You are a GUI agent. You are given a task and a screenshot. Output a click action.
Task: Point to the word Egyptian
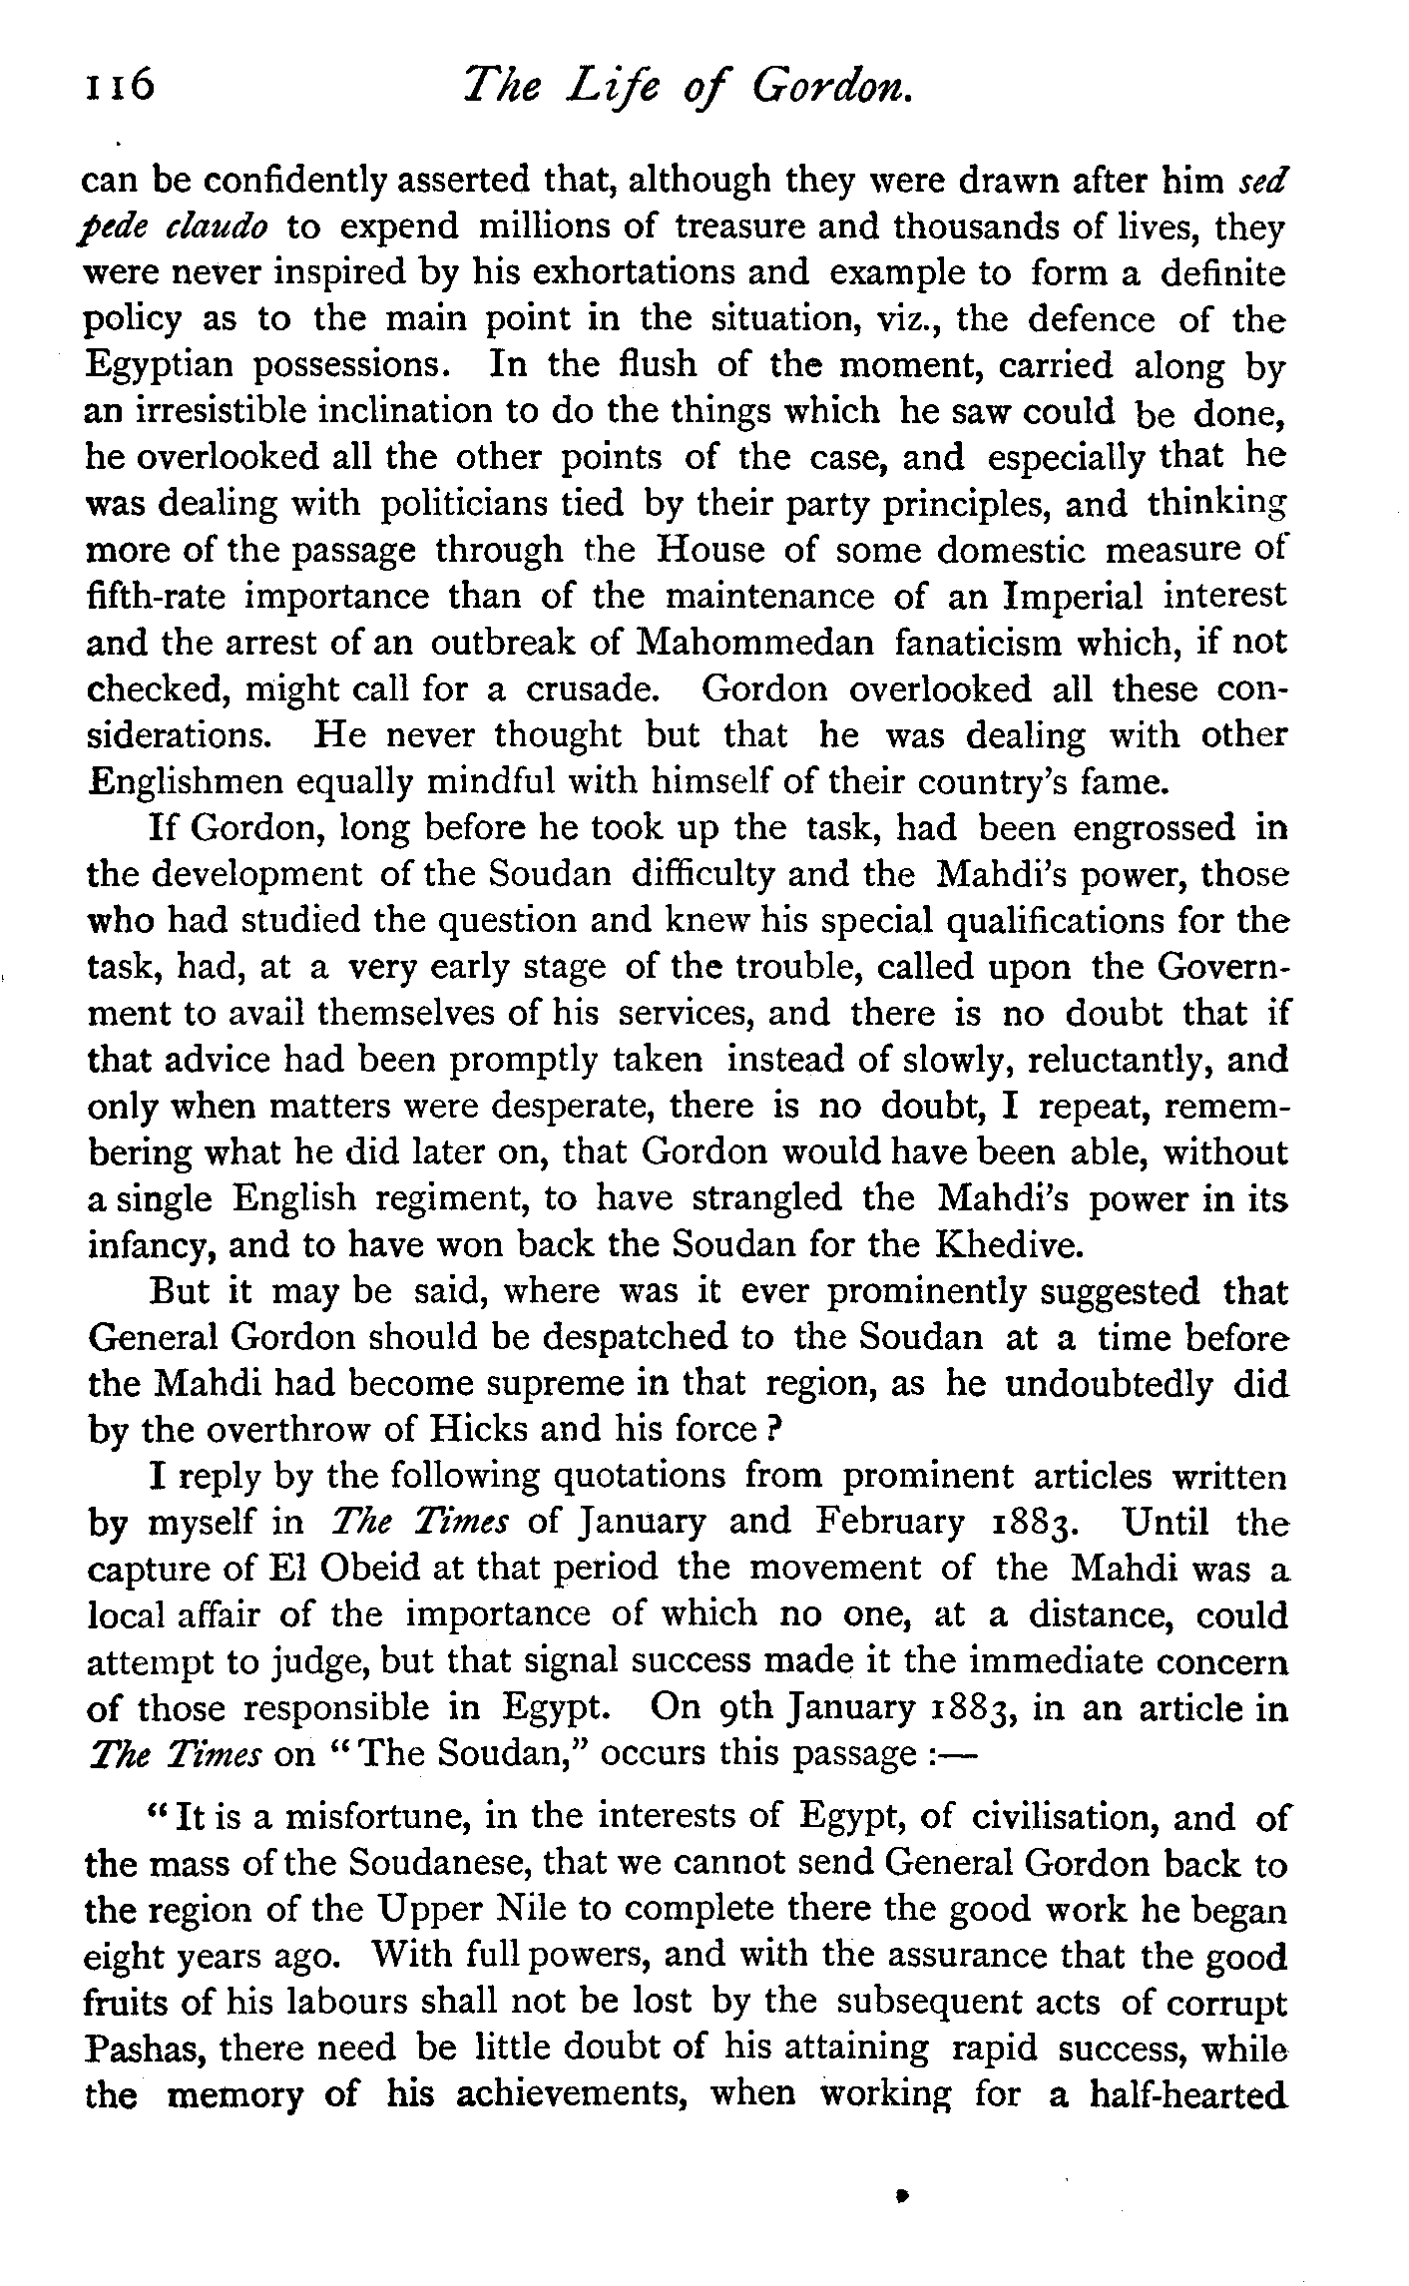click(160, 366)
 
